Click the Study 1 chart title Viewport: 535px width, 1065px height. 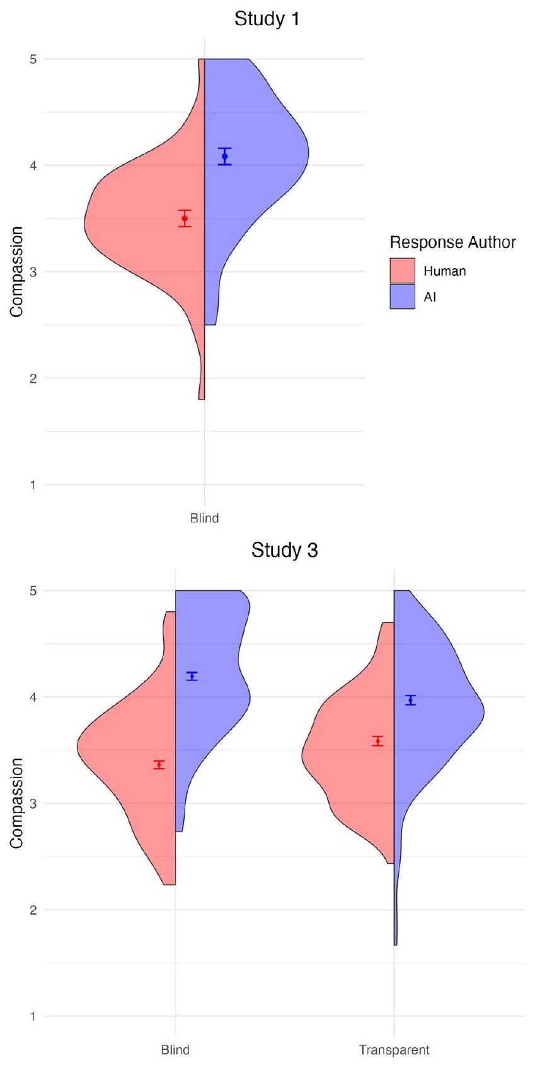pyautogui.click(x=267, y=20)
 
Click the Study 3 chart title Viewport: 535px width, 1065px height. pyautogui.click(x=284, y=551)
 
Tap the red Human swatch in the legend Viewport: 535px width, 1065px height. pyautogui.click(x=402, y=271)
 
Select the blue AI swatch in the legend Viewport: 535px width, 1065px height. pyautogui.click(x=402, y=296)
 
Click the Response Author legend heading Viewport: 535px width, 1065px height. pyautogui.click(x=452, y=242)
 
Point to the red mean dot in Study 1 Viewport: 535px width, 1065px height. pyautogui.click(x=185, y=218)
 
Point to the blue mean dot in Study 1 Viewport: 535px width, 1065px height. pyautogui.click(x=225, y=156)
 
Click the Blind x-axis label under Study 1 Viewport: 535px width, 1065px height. pyautogui.click(x=204, y=519)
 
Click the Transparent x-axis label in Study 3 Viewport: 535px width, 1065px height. pyautogui.click(x=394, y=1050)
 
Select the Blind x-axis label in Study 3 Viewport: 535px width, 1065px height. pyautogui.click(x=175, y=1050)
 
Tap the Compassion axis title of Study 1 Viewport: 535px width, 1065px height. pyautogui.click(x=17, y=272)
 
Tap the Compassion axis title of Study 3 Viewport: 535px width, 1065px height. pyautogui.click(x=17, y=803)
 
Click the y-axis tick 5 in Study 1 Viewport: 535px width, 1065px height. pyautogui.click(x=33, y=59)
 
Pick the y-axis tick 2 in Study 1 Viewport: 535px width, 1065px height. pyautogui.click(x=33, y=378)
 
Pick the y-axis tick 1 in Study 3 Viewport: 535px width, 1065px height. pyautogui.click(x=33, y=1016)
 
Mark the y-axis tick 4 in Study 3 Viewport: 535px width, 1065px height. pyautogui.click(x=33, y=697)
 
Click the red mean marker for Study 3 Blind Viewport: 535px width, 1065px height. pyautogui.click(x=159, y=765)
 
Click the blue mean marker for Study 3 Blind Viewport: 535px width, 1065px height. pyautogui.click(x=192, y=676)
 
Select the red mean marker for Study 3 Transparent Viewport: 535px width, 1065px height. pyautogui.click(x=377, y=741)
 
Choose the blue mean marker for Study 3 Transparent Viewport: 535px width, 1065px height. pyautogui.click(x=410, y=700)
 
